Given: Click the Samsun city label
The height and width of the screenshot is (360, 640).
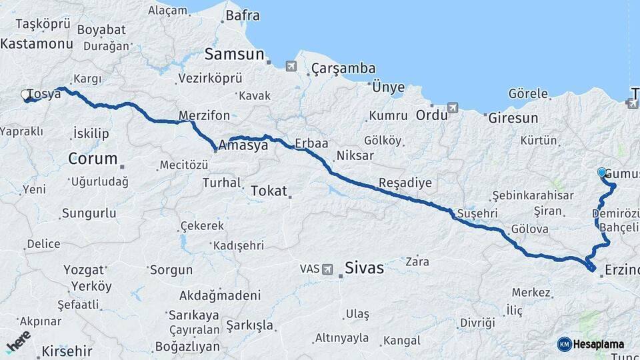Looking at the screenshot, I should pos(235,55).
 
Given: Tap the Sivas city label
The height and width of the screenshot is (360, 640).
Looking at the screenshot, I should pos(364,268).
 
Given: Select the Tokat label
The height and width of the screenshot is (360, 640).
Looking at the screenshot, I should pos(269,191).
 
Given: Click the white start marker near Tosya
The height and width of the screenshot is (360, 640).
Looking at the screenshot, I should pos(26,95).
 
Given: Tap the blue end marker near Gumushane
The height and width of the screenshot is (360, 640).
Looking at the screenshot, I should pos(602,173).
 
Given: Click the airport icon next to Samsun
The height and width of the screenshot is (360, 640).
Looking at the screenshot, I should pos(290,66).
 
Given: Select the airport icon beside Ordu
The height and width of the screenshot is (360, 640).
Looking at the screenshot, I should pos(453,107).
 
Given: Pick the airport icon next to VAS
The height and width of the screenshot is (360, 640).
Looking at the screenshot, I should pos(327,269).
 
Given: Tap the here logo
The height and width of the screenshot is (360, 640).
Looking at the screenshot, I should pos(19,343).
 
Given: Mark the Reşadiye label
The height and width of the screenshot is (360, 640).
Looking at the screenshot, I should pos(405,183).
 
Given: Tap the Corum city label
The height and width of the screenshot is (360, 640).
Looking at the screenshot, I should pos(93,159).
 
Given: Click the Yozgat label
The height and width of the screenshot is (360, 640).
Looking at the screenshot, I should pos(84,270).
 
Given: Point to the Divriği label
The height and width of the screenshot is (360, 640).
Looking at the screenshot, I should pos(477,322).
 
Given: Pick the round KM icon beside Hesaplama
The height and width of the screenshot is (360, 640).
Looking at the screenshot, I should pos(565,344).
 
